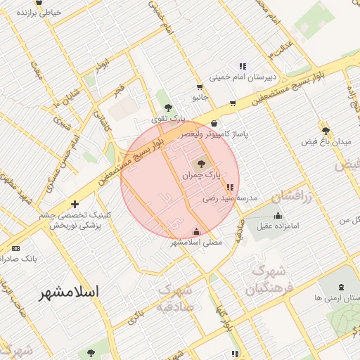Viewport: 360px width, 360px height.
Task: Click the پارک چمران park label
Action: [207, 172]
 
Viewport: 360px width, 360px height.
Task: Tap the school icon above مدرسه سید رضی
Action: [230, 188]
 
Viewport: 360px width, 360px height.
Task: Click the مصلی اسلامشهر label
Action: [196, 242]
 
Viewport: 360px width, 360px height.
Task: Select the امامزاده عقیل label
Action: [278, 226]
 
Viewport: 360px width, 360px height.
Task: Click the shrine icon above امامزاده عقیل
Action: [278, 215]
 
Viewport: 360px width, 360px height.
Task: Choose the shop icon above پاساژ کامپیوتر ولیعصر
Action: [214, 123]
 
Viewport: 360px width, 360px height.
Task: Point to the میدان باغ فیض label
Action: [326, 142]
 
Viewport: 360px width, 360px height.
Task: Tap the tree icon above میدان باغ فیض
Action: [325, 130]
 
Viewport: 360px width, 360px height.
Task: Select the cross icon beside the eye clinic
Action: [75, 204]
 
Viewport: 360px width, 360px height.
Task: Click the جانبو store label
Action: [201, 98]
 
